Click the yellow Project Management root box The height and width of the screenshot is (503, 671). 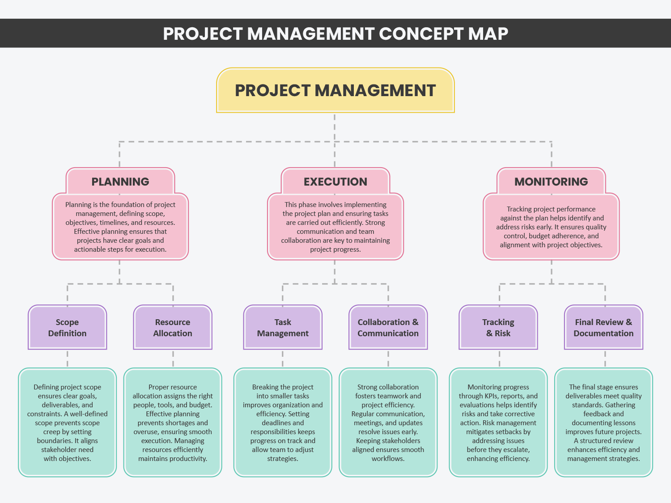335,90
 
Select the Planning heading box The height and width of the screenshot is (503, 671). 120,182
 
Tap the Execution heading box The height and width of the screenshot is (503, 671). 335,182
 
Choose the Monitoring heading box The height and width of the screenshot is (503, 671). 551,182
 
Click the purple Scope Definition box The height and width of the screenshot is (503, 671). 68,327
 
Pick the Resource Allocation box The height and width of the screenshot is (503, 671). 173,327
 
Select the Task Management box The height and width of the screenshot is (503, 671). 283,327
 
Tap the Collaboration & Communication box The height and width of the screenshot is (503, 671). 388,327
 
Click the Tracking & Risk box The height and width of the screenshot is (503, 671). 498,327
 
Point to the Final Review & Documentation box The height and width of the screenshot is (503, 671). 603,327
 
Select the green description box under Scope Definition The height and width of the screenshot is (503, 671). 68,423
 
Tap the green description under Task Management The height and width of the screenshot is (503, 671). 283,423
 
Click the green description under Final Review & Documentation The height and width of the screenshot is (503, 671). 603,423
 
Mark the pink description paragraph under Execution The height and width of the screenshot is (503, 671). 335,227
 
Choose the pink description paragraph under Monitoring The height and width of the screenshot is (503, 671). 551,227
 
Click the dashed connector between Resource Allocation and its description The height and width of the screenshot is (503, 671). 173,359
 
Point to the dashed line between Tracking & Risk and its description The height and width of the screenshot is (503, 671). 499,359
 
